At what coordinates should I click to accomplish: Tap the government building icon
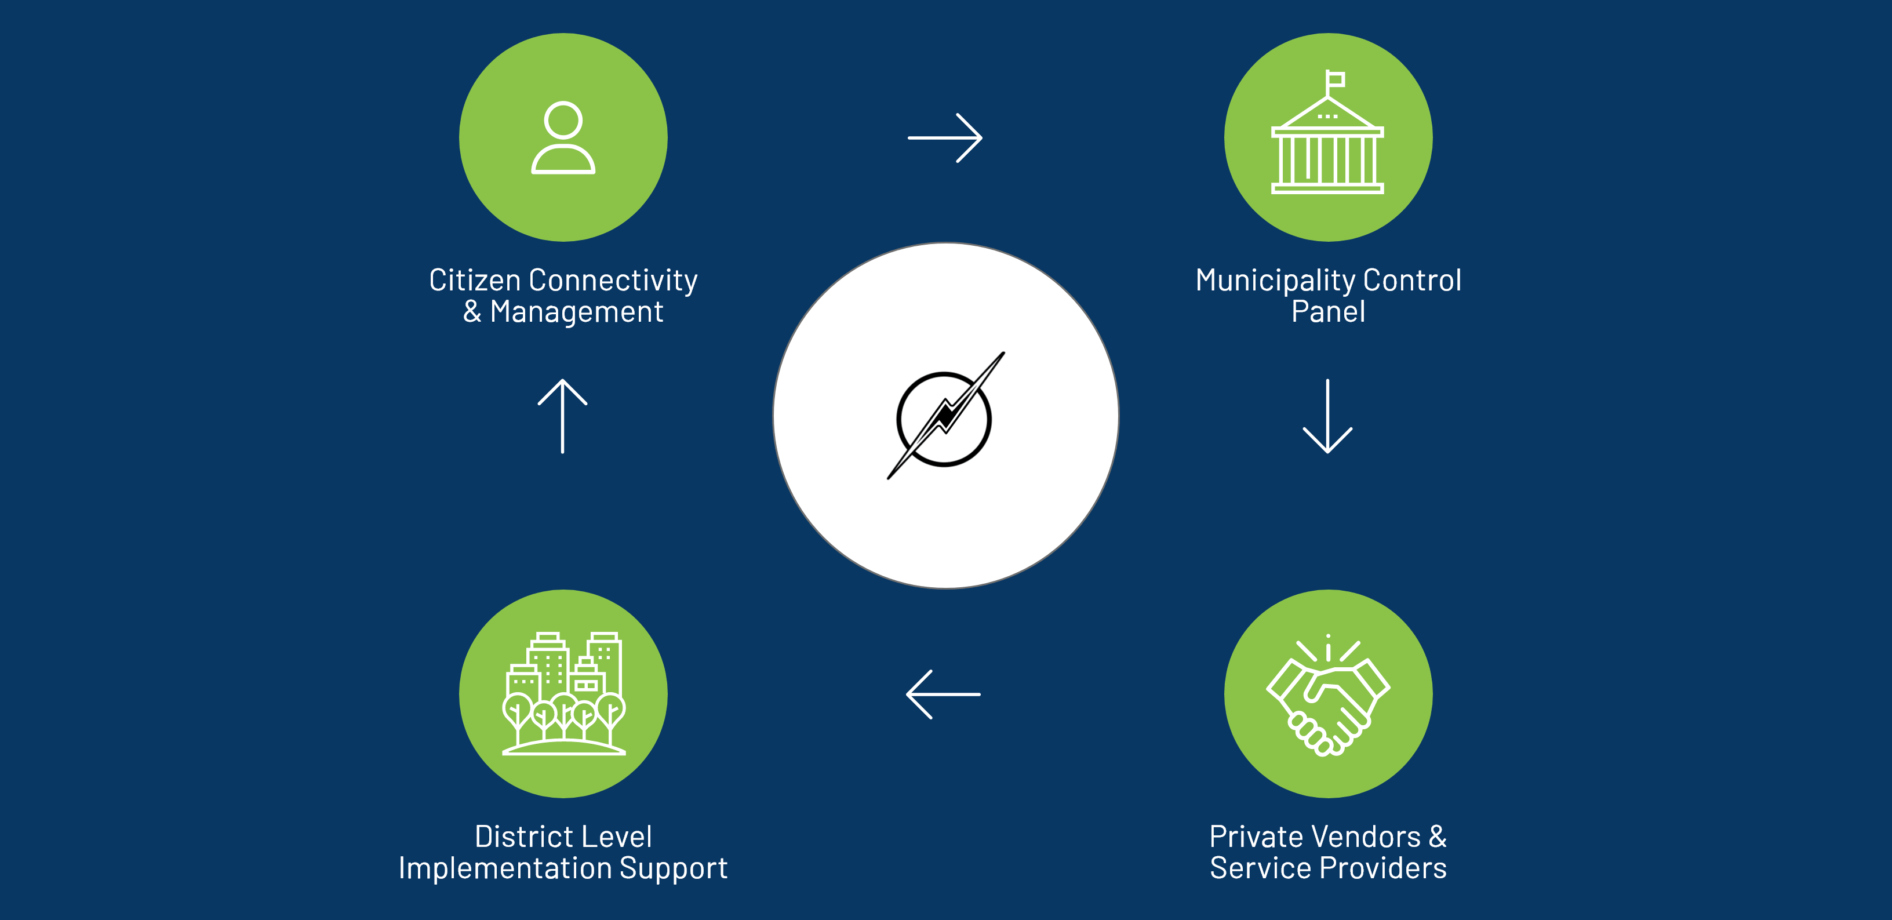pyautogui.click(x=1327, y=140)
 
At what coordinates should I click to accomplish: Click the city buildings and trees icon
pyautogui.click(x=563, y=694)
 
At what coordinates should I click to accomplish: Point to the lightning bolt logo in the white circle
pyautogui.click(x=945, y=417)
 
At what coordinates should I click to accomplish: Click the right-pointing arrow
pyautogui.click(x=945, y=137)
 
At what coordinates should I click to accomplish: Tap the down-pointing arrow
pyautogui.click(x=1327, y=417)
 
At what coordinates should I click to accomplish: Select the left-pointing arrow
pyautogui.click(x=944, y=694)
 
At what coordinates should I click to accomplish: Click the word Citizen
pyautogui.click(x=475, y=280)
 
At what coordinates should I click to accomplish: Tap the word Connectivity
pyautogui.click(x=613, y=280)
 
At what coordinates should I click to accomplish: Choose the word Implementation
pyautogui.click(x=505, y=868)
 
